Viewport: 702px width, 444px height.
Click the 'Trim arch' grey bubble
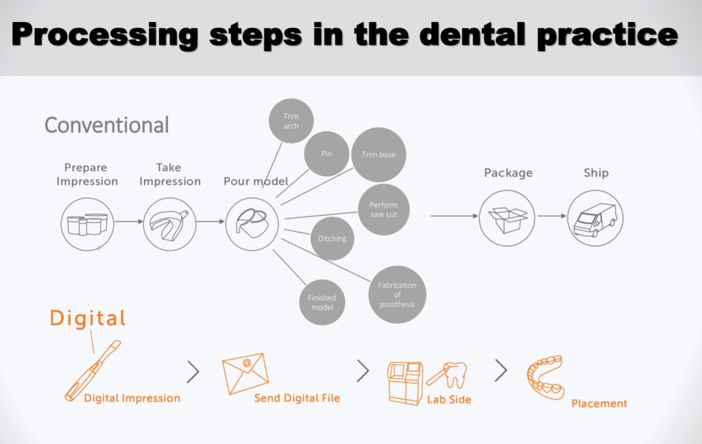[291, 121]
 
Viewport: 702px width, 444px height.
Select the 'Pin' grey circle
[326, 153]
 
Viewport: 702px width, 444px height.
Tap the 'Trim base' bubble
[378, 155]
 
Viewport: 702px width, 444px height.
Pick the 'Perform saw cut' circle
[383, 210]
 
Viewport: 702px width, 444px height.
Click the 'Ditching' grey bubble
[332, 238]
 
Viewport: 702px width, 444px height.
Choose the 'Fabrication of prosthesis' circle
[397, 295]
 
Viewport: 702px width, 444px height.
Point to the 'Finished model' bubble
[322, 302]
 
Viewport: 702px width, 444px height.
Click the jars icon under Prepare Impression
[87, 223]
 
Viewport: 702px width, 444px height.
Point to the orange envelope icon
[245, 373]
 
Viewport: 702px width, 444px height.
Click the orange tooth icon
[452, 374]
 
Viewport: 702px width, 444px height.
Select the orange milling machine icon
[405, 382]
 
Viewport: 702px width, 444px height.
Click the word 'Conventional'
[106, 125]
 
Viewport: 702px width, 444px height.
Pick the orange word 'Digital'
[88, 318]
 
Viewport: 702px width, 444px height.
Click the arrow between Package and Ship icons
[552, 217]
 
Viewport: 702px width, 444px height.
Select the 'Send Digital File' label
[297, 397]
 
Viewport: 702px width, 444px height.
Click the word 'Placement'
[599, 403]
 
